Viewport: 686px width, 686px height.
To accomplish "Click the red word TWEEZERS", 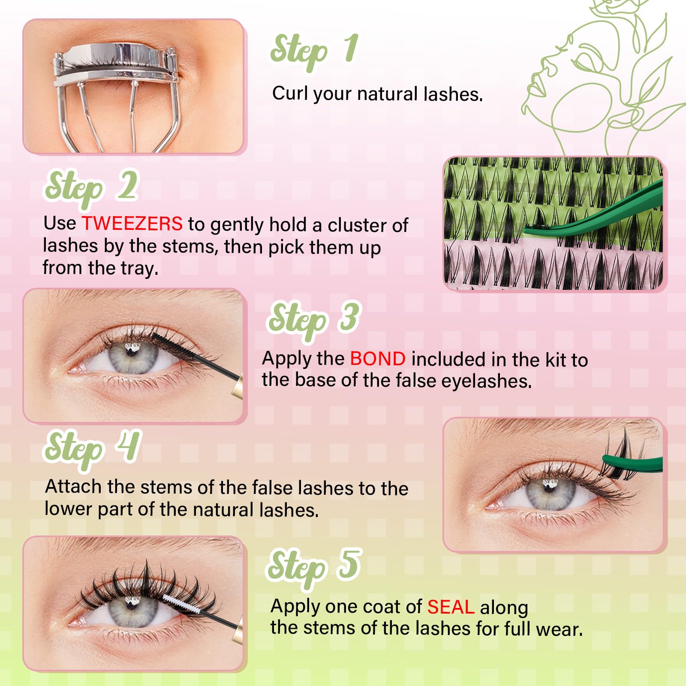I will point(132,224).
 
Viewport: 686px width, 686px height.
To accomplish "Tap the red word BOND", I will point(378,359).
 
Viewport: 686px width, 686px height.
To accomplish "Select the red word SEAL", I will point(450,607).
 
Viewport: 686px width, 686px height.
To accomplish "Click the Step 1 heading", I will point(314,51).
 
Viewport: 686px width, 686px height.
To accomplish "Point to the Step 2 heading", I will point(91,188).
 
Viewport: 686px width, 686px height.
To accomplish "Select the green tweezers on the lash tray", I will point(600,212).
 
